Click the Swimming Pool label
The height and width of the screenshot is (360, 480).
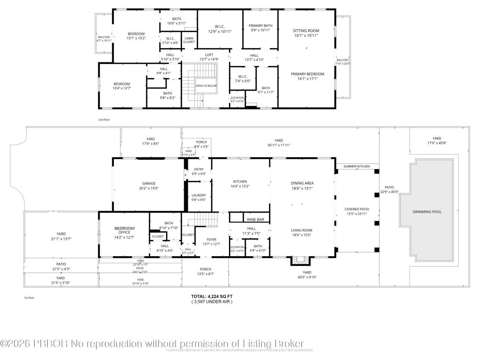click(x=427, y=212)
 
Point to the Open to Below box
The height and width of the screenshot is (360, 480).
click(x=206, y=86)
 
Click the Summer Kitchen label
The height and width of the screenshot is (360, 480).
click(x=356, y=166)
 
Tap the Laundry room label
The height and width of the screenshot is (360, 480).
click(x=198, y=195)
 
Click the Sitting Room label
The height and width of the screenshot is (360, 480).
click(x=306, y=31)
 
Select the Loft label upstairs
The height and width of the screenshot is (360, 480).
click(x=209, y=55)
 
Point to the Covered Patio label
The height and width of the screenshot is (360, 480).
click(x=357, y=209)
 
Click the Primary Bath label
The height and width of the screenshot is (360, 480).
click(x=260, y=26)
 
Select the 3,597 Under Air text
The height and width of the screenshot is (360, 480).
click(x=212, y=301)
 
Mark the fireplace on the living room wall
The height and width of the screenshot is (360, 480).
click(x=300, y=260)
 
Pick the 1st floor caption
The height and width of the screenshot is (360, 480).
click(x=29, y=298)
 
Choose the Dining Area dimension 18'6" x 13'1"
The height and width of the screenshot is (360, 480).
click(x=302, y=189)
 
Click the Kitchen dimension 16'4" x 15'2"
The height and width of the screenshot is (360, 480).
click(x=240, y=186)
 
